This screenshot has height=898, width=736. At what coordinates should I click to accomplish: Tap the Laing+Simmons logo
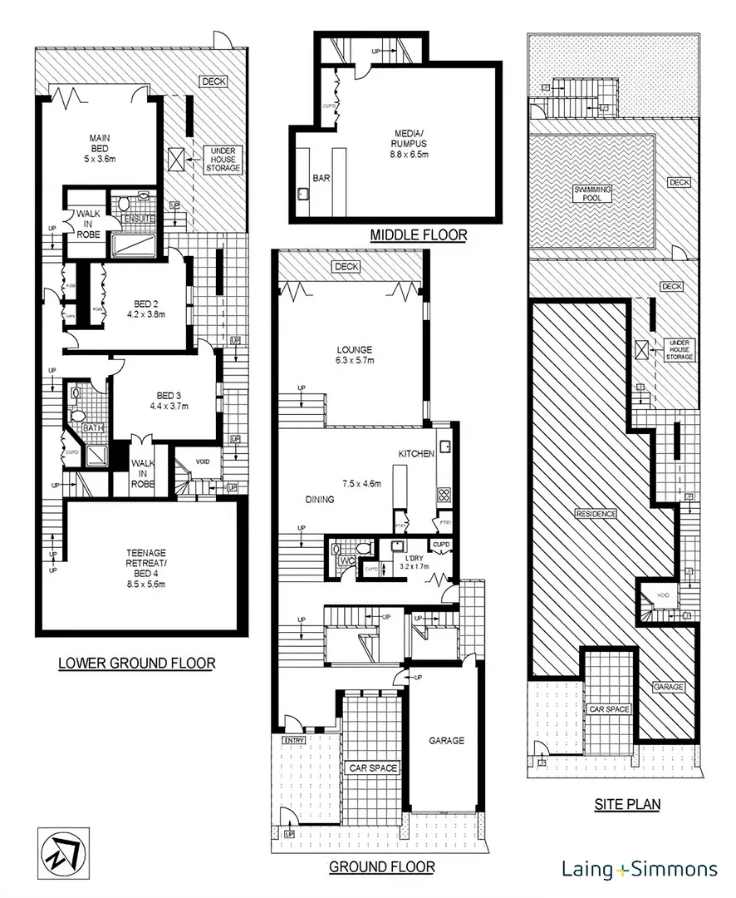(640, 870)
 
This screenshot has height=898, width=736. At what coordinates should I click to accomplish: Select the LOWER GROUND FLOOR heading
(136, 664)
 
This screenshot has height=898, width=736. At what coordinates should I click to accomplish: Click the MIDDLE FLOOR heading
(419, 235)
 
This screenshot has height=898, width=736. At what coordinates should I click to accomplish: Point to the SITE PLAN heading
(626, 804)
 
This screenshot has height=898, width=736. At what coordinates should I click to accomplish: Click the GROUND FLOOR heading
(381, 867)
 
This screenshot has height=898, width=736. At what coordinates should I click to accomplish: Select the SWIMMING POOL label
(593, 195)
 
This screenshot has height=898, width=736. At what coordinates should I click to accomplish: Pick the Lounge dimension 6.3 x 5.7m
(355, 361)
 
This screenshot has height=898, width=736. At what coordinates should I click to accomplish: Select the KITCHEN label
(416, 454)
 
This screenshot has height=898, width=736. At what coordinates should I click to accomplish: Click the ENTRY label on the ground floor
(294, 740)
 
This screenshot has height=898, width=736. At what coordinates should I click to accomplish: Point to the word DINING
(319, 500)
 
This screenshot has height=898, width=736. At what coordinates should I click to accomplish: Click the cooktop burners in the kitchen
(444, 494)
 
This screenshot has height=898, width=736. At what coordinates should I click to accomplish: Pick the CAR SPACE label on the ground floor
(373, 767)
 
